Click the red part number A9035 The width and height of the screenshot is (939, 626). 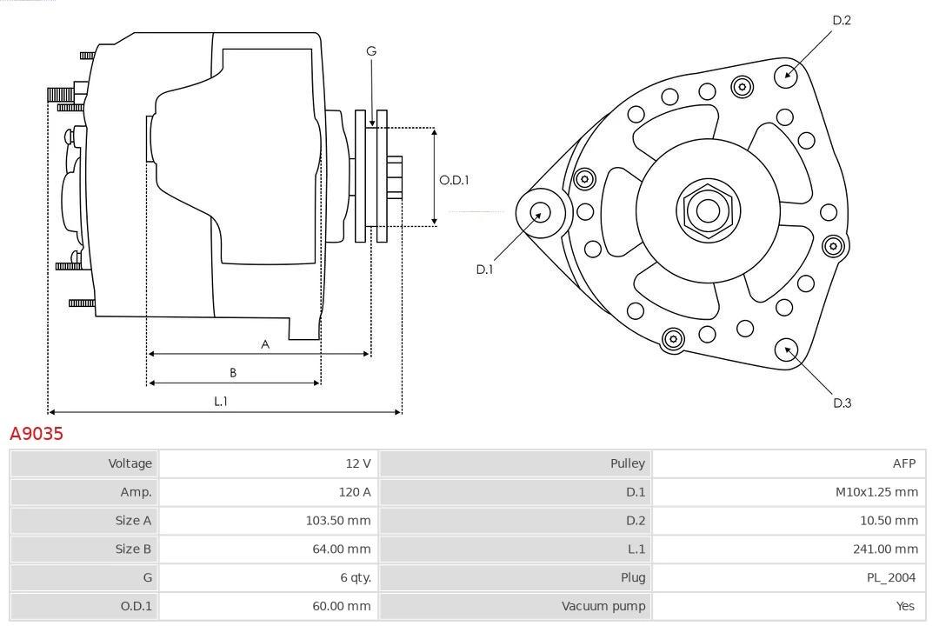pos(37,433)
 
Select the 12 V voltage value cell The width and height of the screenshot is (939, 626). pos(357,463)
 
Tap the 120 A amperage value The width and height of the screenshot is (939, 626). pos(354,492)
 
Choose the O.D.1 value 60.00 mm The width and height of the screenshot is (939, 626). pos(341,606)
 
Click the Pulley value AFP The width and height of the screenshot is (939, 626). pos(903,463)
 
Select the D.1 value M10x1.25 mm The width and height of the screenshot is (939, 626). pos(876,492)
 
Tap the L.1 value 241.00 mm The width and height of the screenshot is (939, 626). pos(886,549)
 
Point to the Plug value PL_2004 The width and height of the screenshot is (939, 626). pos(891,577)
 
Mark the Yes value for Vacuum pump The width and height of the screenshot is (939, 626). pos(905,606)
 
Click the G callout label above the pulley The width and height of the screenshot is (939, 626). pos(371,51)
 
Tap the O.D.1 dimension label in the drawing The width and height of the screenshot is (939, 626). pos(454,180)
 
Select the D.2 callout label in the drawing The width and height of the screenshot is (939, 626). pos(841,20)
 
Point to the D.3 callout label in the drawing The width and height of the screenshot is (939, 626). pos(842,403)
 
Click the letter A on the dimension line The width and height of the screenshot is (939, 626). pos(265,344)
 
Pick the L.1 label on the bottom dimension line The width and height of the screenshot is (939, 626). pos(221,401)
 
